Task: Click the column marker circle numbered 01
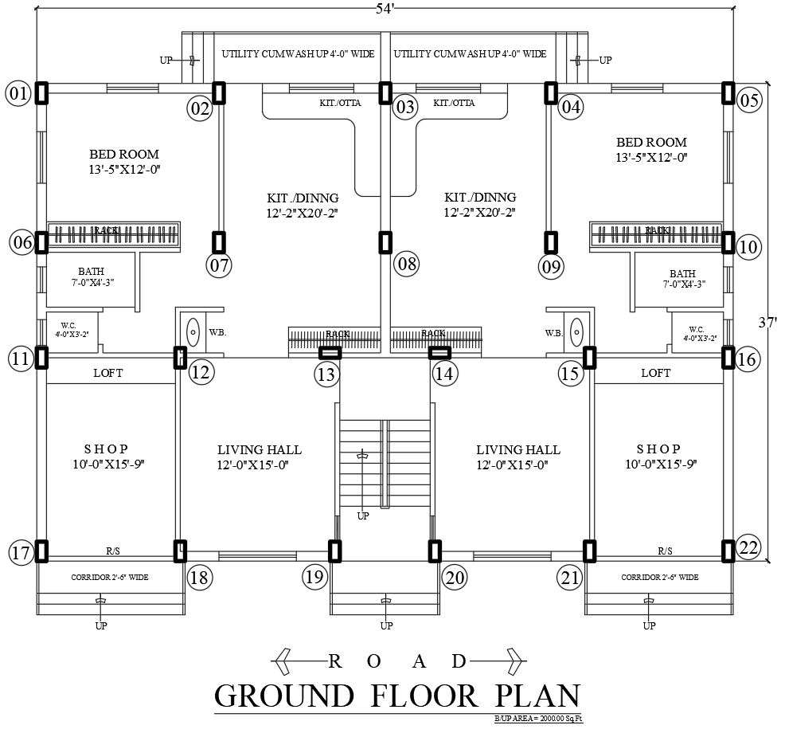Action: click(x=18, y=94)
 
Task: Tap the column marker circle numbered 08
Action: click(x=406, y=264)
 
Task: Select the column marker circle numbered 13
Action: click(x=326, y=374)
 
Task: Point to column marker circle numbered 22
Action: click(x=748, y=547)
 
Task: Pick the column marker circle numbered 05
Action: click(x=749, y=100)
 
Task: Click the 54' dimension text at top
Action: click(x=385, y=8)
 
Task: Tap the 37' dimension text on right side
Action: click(x=767, y=323)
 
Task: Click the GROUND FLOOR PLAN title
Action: click(x=397, y=696)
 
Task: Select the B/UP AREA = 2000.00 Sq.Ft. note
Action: click(x=538, y=719)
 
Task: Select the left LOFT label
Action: click(x=108, y=373)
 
